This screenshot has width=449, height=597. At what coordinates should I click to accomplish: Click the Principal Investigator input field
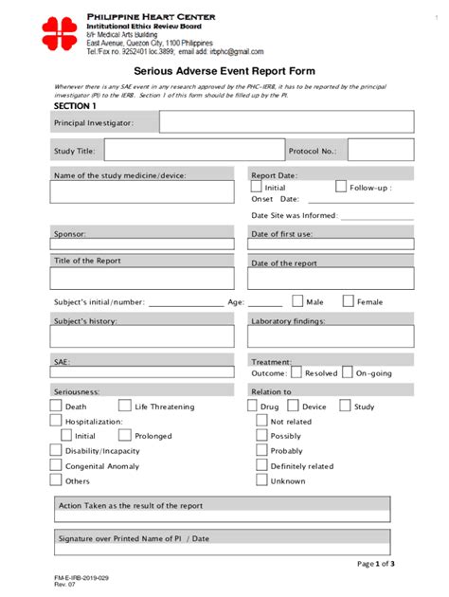click(286, 122)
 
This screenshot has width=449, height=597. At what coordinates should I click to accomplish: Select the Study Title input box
click(193, 150)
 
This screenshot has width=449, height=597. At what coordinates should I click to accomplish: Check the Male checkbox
click(297, 301)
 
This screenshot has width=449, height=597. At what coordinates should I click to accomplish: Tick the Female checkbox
click(348, 301)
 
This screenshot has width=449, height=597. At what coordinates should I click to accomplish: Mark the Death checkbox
click(55, 407)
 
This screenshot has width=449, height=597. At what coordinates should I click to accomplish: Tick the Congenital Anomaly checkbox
click(55, 466)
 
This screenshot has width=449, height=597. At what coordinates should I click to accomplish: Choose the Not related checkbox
click(261, 422)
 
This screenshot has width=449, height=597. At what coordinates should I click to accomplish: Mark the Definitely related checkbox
click(261, 466)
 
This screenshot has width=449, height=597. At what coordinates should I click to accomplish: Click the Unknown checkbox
click(261, 481)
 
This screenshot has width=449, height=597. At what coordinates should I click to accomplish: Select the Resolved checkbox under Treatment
click(297, 372)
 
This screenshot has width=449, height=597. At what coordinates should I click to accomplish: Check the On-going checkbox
click(348, 372)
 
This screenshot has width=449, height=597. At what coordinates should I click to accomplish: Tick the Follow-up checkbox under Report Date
click(341, 188)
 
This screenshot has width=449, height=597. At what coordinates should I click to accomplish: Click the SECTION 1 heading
click(75, 106)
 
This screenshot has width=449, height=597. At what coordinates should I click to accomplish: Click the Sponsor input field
click(142, 244)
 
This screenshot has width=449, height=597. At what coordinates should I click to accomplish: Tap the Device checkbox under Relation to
click(294, 407)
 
